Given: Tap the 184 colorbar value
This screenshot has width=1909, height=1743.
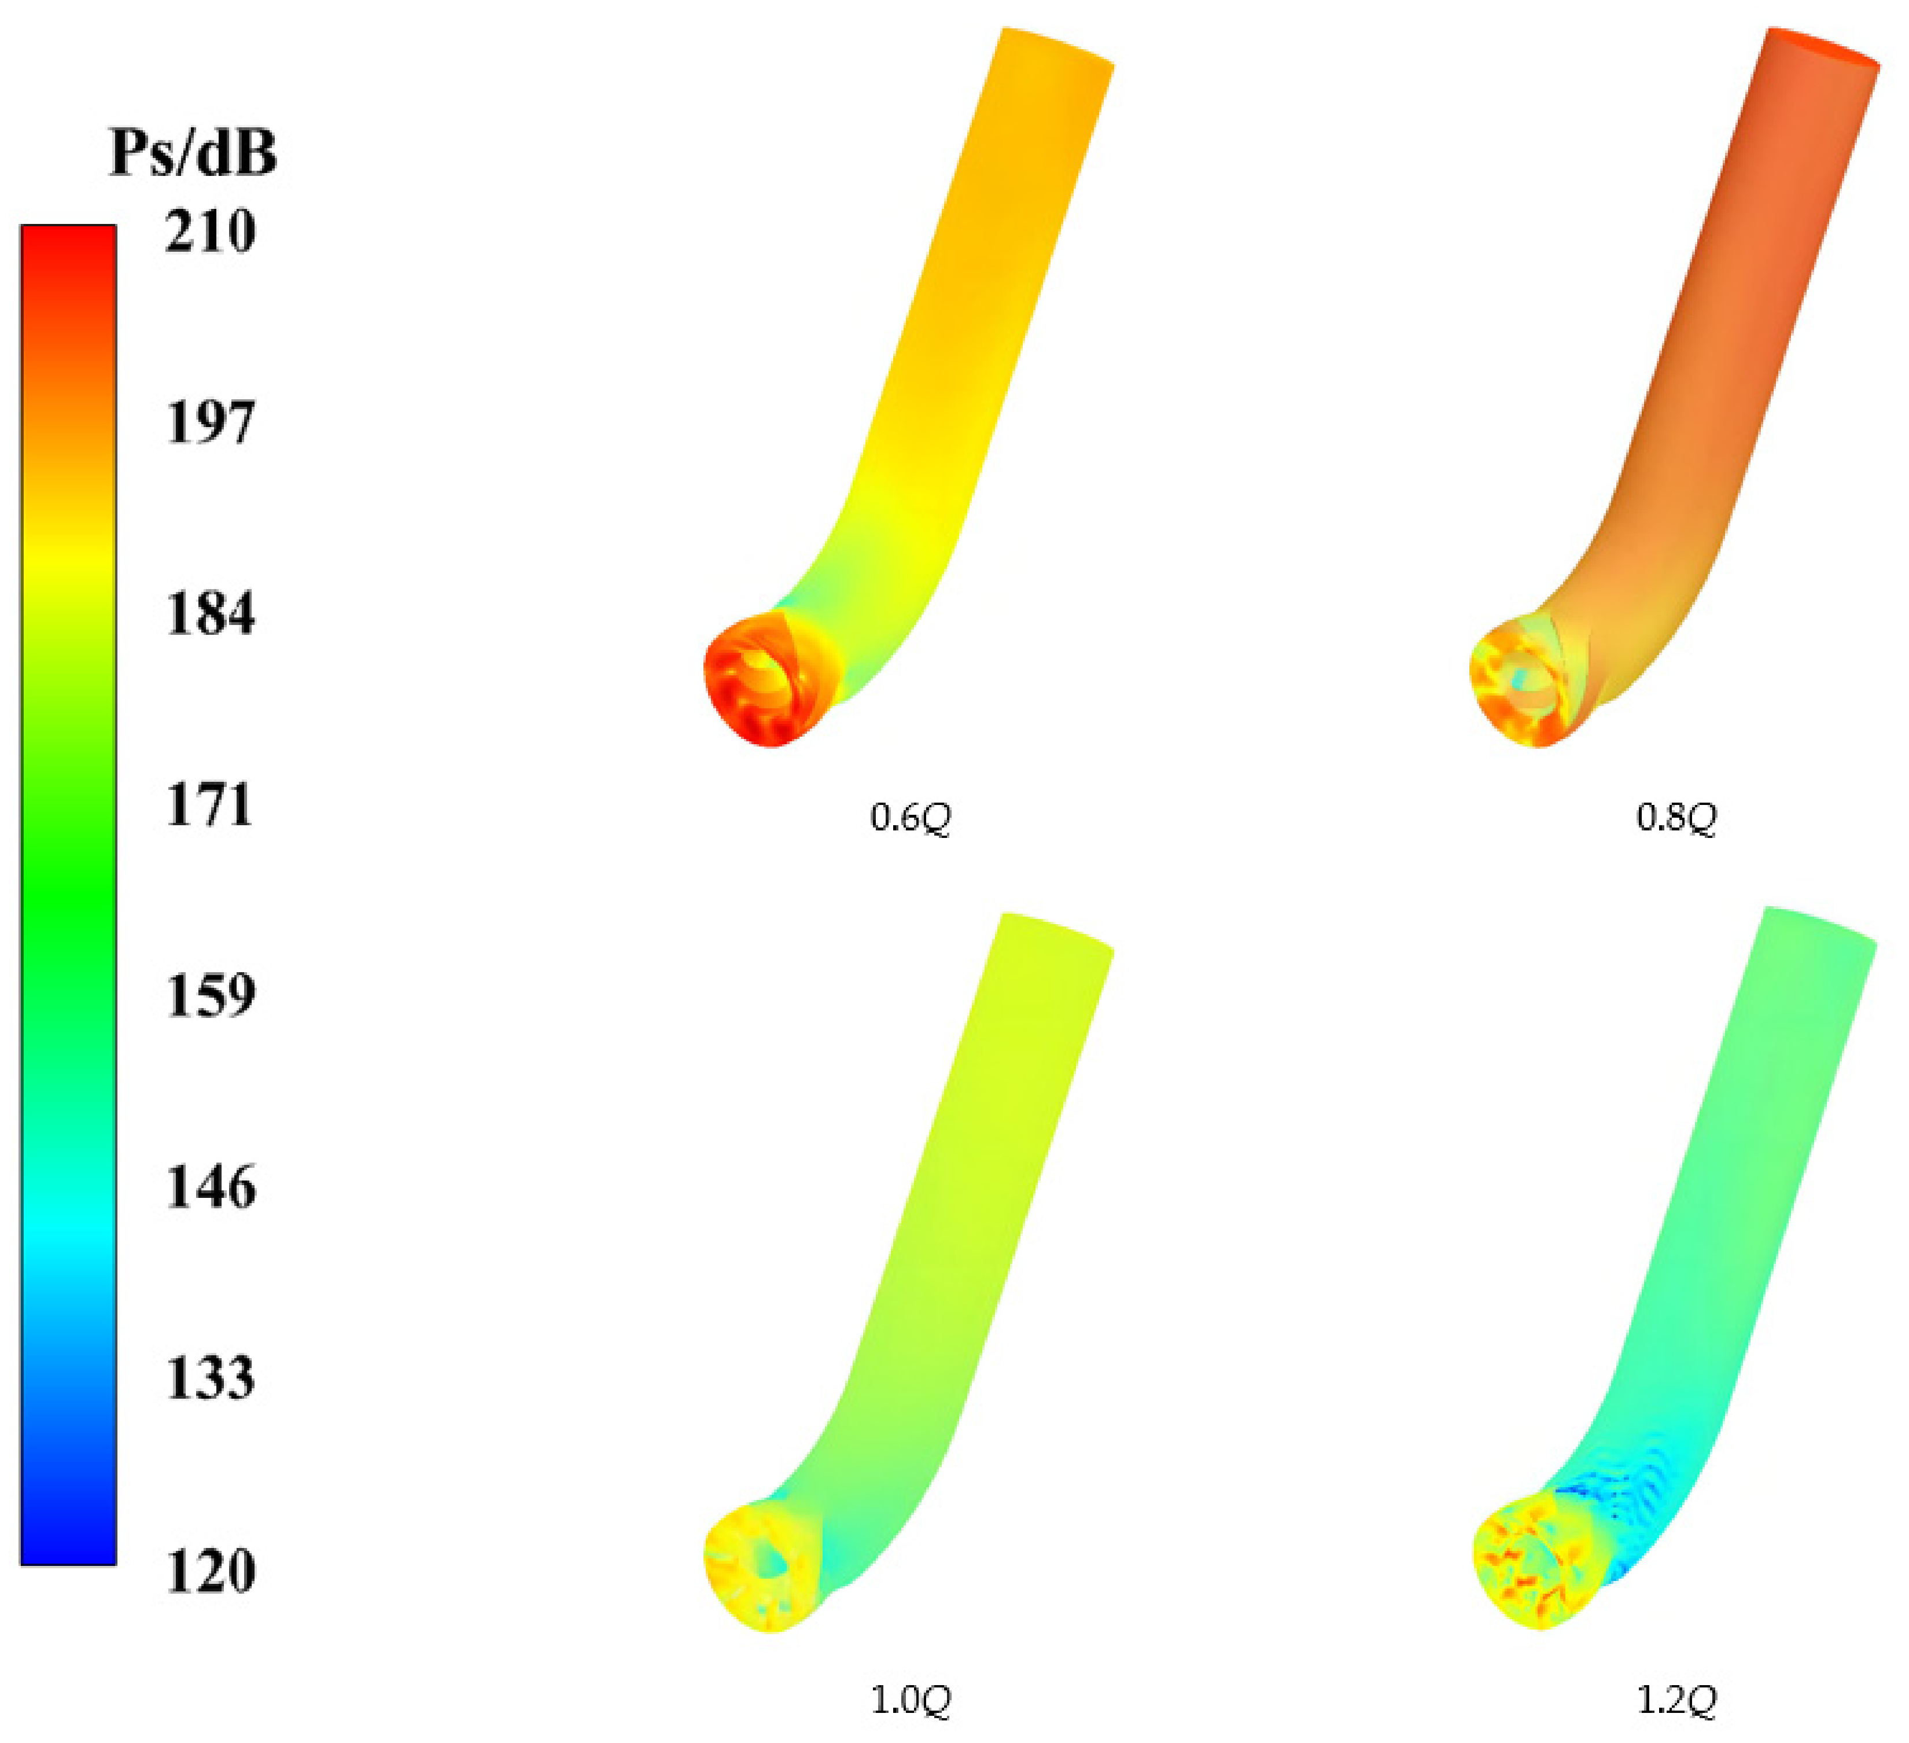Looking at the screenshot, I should [209, 614].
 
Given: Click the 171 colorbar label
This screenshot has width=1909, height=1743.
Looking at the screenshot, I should [209, 806].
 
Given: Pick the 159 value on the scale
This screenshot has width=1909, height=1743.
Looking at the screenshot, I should [209, 995].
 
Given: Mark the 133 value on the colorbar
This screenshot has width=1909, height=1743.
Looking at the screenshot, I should [209, 1379].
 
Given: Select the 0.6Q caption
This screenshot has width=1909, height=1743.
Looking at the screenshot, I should [909, 818].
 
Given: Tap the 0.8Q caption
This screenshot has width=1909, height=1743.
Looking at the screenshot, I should [1676, 818].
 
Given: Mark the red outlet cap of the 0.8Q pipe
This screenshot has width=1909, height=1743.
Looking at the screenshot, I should [1823, 46].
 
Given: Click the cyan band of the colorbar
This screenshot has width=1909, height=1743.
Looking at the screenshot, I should [68, 1227].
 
